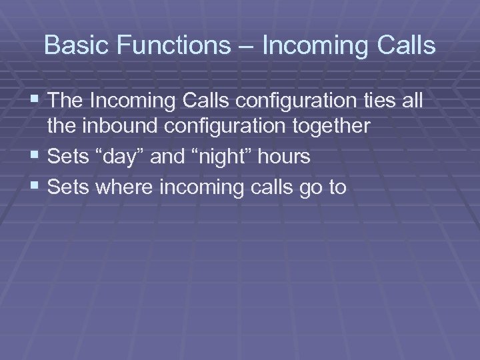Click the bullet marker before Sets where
[36, 187]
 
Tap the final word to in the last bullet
[336, 188]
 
